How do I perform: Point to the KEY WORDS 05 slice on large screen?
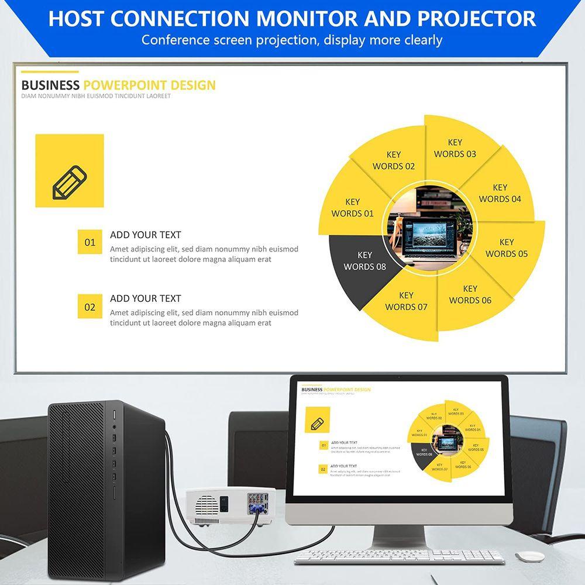pyautogui.click(x=507, y=247)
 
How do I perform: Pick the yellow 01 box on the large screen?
pyautogui.click(x=90, y=242)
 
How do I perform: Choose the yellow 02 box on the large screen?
pyautogui.click(x=90, y=307)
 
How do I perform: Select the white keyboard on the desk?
pyautogui.click(x=398, y=556)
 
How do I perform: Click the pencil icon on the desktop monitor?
pyautogui.click(x=318, y=422)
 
